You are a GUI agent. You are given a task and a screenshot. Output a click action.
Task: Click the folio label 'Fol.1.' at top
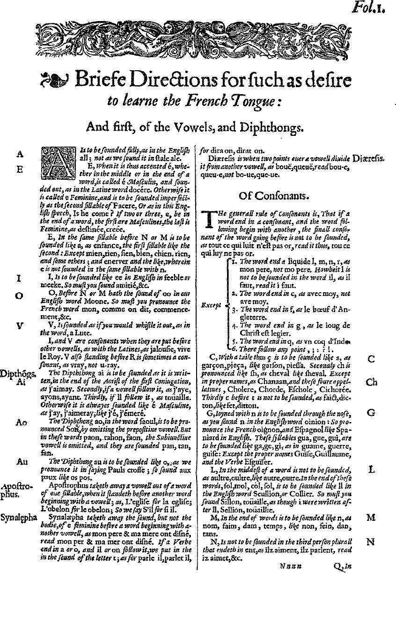click(376, 7)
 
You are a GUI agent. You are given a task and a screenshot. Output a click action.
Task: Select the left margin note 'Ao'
click(21, 422)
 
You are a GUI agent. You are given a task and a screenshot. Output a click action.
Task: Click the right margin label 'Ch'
click(371, 382)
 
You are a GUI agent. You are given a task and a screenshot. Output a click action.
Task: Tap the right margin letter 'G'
click(371, 413)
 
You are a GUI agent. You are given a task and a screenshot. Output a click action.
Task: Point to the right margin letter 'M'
click(371, 518)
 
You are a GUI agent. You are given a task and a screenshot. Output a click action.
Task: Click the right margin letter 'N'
click(371, 542)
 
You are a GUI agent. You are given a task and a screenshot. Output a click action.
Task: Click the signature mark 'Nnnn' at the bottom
click(291, 566)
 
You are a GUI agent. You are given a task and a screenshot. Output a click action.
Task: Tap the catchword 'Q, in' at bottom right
click(342, 566)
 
